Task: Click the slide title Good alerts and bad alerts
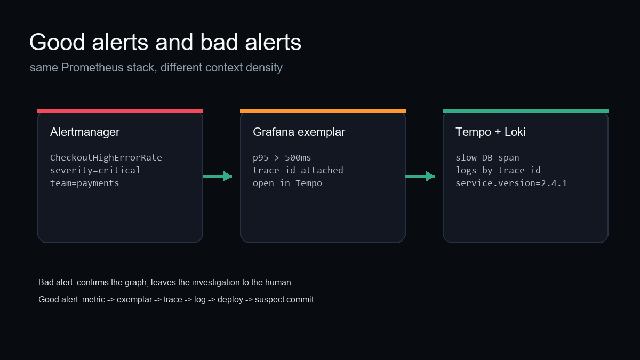click(x=165, y=42)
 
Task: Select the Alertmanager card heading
click(x=85, y=132)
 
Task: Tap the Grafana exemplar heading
click(x=299, y=132)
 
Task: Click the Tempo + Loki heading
click(x=491, y=132)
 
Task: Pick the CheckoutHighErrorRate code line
click(x=106, y=157)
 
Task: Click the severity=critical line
click(x=95, y=170)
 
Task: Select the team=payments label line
click(x=85, y=183)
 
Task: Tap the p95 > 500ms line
click(x=282, y=157)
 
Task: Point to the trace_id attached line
click(x=298, y=170)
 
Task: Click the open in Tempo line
click(x=287, y=183)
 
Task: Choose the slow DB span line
click(x=487, y=157)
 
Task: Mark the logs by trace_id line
click(x=498, y=170)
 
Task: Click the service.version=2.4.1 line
click(x=511, y=183)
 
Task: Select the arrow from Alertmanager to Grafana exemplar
click(x=218, y=177)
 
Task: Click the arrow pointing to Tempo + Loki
click(x=420, y=177)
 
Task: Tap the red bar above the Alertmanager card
click(x=121, y=111)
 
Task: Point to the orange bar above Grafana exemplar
click(x=323, y=111)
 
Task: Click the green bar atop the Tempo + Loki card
click(x=525, y=111)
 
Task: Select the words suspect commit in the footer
click(x=285, y=300)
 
